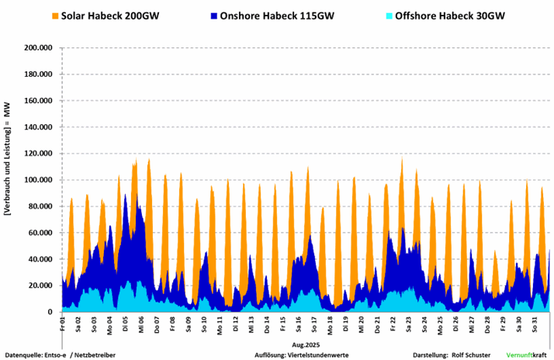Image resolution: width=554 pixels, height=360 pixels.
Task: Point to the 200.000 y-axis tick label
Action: pos(37,48)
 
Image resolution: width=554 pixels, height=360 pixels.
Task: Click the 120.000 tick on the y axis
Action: pos(37,154)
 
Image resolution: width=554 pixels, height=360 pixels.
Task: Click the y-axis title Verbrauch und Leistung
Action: pos(9,178)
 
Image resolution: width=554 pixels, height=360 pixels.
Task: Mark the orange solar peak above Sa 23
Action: pos(402,161)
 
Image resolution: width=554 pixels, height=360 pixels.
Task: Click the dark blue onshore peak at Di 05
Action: pos(126,196)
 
